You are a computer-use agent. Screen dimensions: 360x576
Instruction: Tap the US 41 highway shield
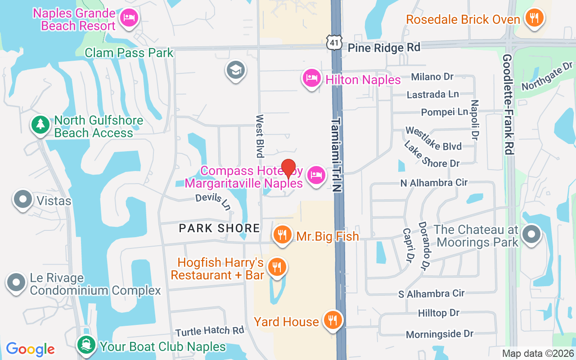(335, 43)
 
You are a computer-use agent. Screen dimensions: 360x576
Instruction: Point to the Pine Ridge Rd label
(384, 47)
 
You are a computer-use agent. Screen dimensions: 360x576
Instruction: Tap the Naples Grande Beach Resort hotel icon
(129, 18)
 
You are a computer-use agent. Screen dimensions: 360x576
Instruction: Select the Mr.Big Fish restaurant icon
(282, 234)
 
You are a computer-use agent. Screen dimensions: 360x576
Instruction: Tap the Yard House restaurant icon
(333, 320)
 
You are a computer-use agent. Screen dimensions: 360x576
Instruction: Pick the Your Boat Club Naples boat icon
(85, 346)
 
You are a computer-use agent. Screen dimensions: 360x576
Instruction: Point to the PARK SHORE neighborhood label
(219, 228)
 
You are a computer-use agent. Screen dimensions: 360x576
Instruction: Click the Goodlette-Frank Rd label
(508, 104)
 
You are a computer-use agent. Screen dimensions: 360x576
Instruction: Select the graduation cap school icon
(235, 70)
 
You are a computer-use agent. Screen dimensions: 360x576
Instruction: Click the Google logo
(30, 349)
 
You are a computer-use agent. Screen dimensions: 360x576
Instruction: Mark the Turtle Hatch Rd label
(210, 331)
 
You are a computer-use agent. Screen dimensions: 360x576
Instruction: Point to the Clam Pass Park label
(129, 53)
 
